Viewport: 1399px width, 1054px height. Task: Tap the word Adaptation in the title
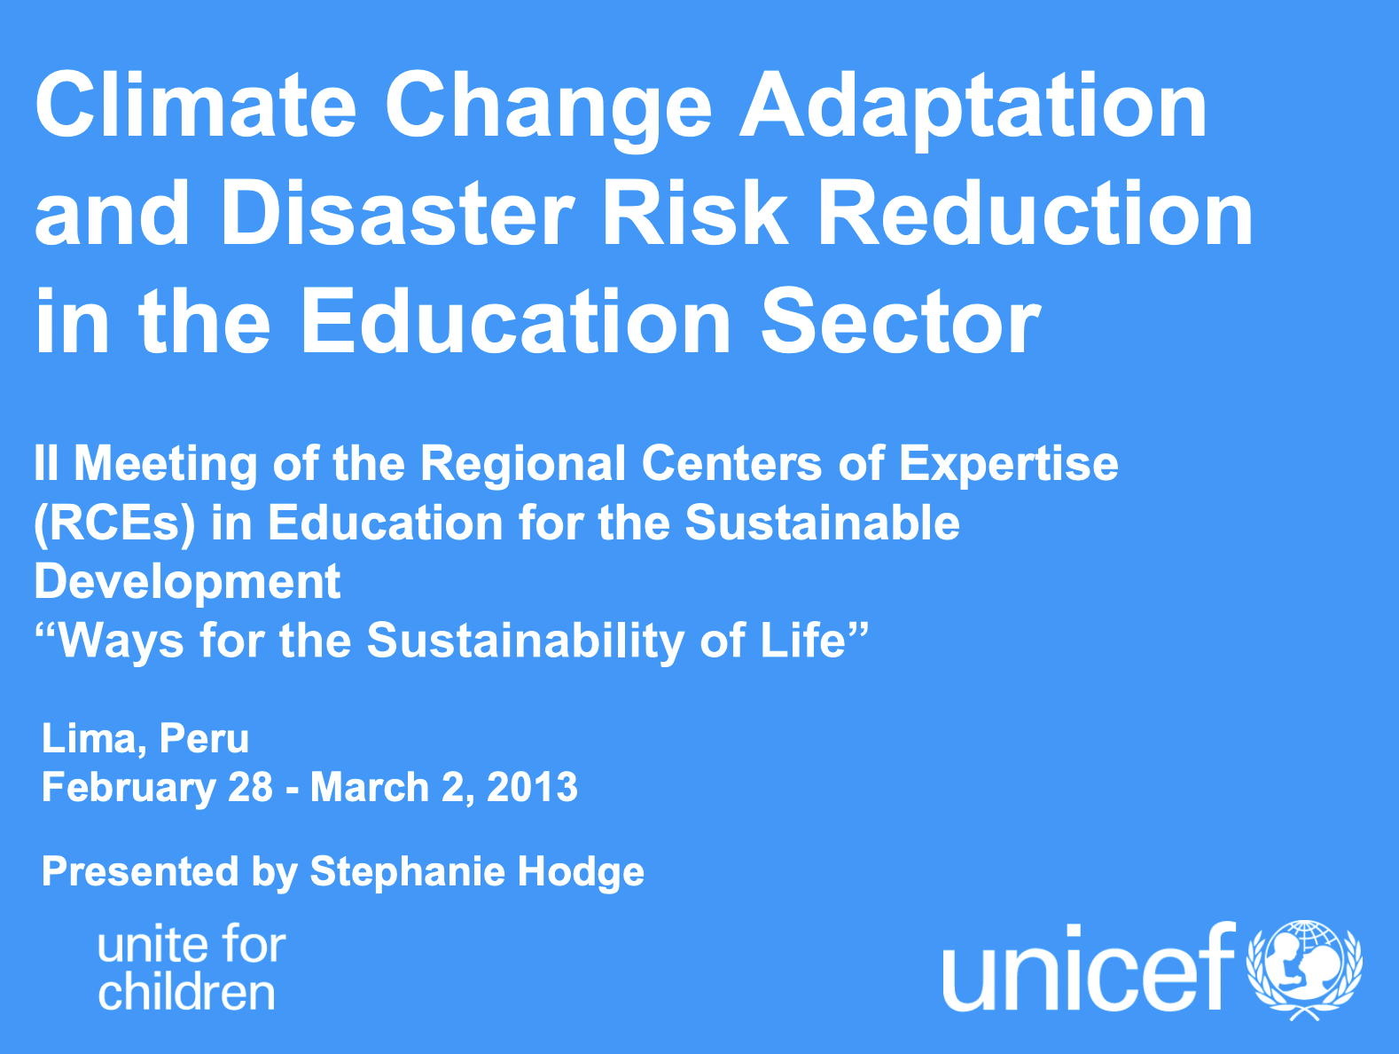pyautogui.click(x=973, y=110)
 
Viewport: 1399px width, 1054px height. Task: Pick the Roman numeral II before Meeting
pyautogui.click(x=46, y=463)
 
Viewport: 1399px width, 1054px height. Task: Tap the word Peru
pyautogui.click(x=204, y=739)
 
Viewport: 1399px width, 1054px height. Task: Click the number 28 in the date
pyautogui.click(x=251, y=788)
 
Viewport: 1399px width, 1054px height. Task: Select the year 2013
pyautogui.click(x=532, y=788)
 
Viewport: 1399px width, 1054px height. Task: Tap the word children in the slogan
pyautogui.click(x=187, y=992)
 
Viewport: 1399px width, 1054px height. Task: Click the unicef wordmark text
pyautogui.click(x=1090, y=968)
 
